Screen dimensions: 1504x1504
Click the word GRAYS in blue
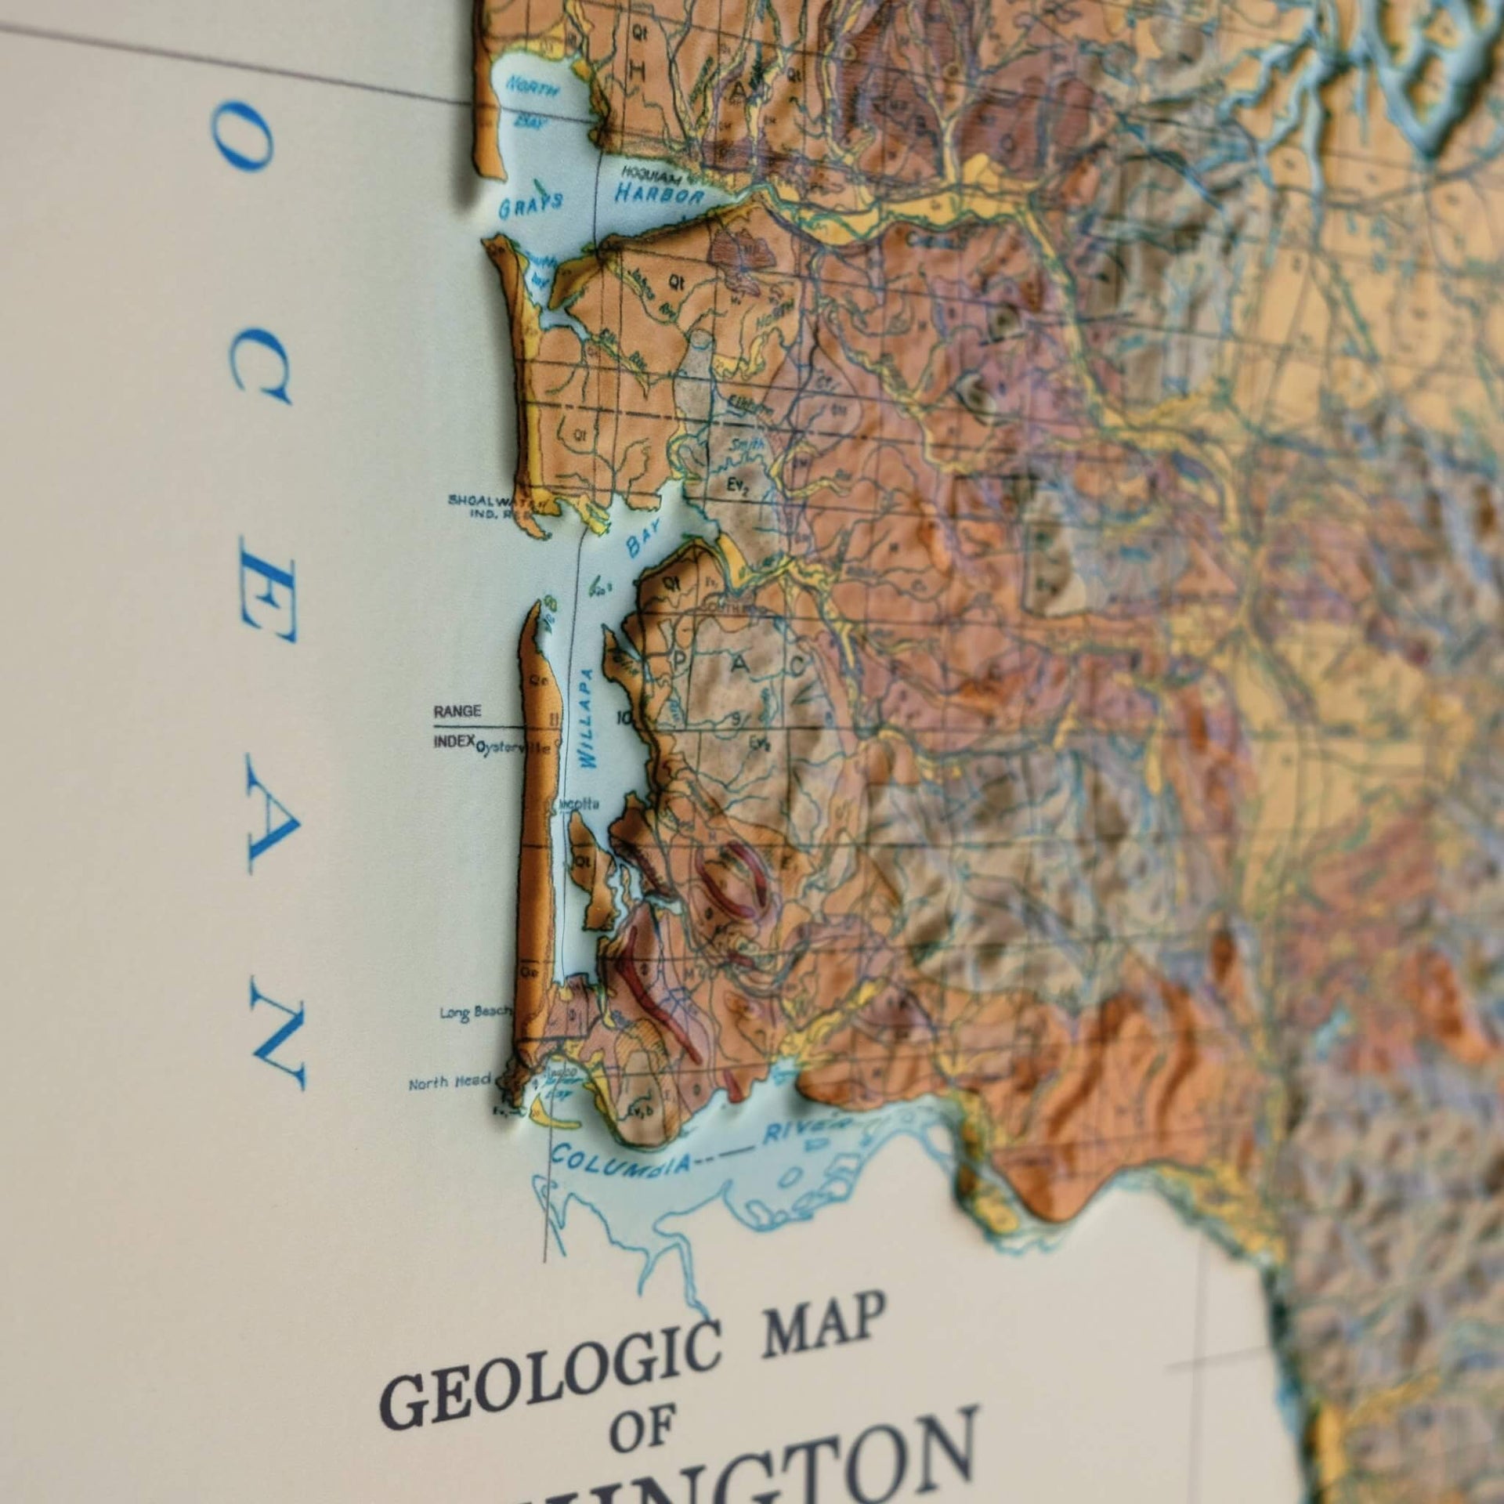click(x=530, y=205)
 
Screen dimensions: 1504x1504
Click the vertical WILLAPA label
click(x=587, y=718)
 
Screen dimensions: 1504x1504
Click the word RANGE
click(x=457, y=711)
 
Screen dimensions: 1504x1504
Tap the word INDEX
click(x=454, y=741)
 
